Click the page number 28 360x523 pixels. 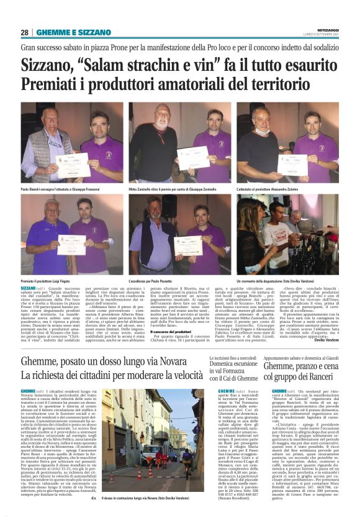(25, 32)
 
